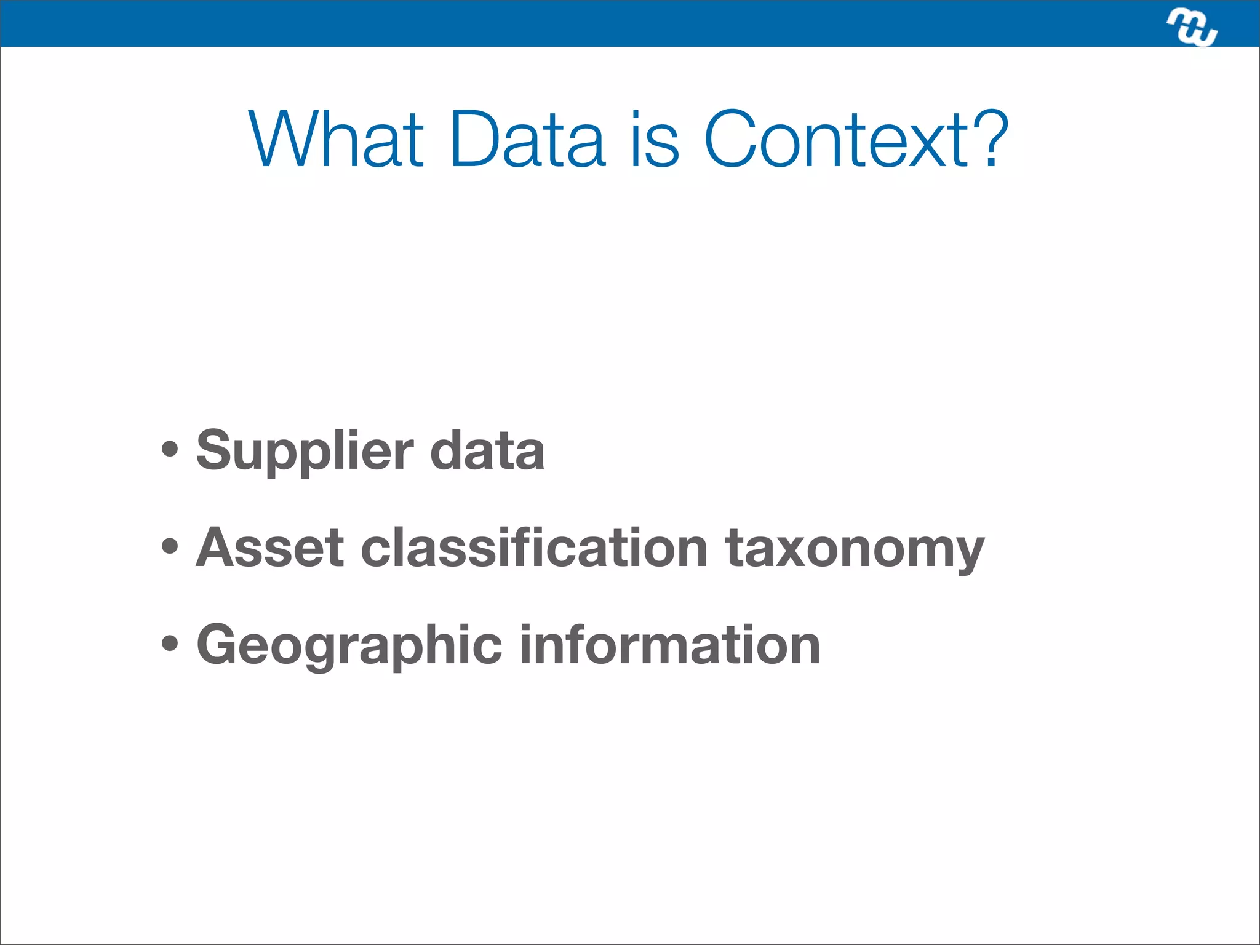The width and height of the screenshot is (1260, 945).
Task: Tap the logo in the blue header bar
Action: (x=1192, y=28)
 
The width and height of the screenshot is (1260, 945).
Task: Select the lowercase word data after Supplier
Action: (x=487, y=451)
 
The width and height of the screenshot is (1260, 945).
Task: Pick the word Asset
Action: (x=269, y=548)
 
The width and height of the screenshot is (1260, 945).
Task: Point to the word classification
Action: (x=534, y=548)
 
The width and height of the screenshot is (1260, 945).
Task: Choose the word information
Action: (x=670, y=645)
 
